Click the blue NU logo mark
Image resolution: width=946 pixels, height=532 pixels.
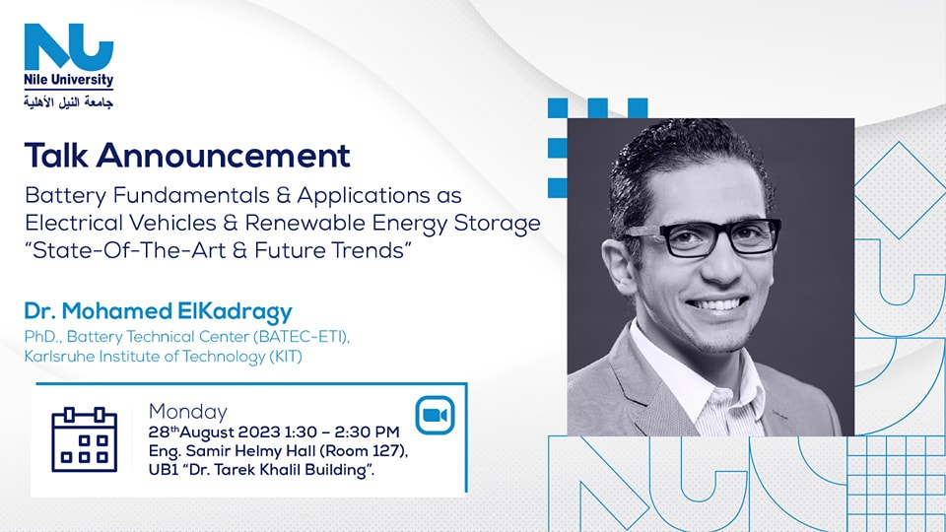click(x=69, y=47)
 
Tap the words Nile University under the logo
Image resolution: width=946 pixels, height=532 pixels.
click(x=69, y=80)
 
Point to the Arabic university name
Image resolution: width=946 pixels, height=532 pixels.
click(x=69, y=101)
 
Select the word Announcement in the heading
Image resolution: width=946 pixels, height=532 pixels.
click(x=224, y=155)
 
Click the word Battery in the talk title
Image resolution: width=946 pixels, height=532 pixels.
click(x=66, y=196)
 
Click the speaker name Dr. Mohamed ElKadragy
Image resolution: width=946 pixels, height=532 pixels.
click(x=158, y=311)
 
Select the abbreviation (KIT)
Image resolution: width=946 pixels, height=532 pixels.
click(x=286, y=357)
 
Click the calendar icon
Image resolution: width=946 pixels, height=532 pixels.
click(x=85, y=439)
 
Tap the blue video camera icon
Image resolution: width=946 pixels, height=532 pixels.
click(x=435, y=415)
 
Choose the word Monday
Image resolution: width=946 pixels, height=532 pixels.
click(x=187, y=412)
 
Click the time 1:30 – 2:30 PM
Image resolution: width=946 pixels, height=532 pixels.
click(x=342, y=432)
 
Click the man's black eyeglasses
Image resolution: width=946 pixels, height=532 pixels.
click(x=704, y=237)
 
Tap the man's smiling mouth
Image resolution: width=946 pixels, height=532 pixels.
click(x=718, y=304)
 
